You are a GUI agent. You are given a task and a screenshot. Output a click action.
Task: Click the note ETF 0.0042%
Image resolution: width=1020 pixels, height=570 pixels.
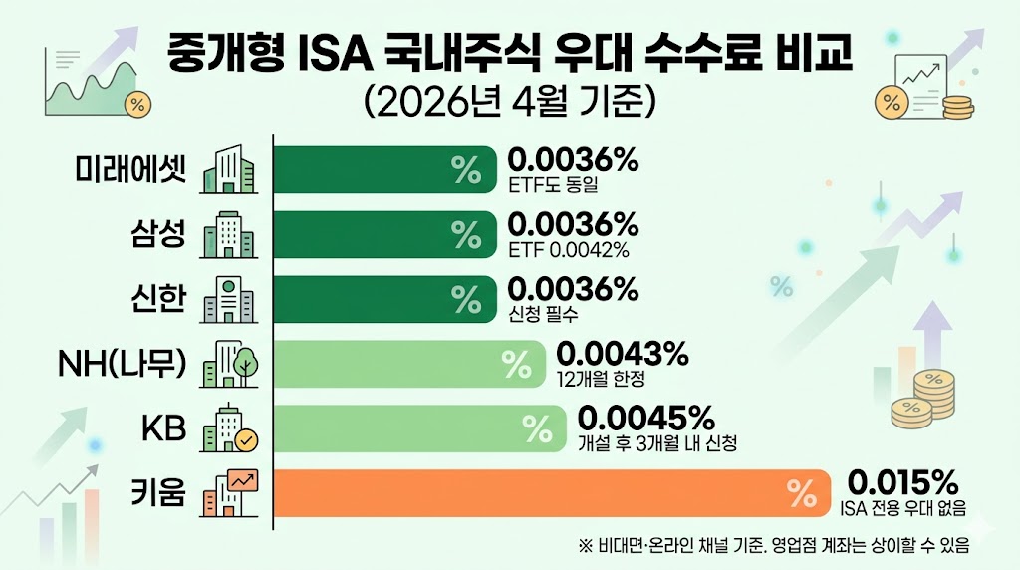pyautogui.click(x=569, y=249)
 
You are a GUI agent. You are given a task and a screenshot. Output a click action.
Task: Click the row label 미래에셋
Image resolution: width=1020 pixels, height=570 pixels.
pyautogui.click(x=130, y=170)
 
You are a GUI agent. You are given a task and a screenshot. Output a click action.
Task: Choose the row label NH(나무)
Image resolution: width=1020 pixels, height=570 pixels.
pyautogui.click(x=123, y=365)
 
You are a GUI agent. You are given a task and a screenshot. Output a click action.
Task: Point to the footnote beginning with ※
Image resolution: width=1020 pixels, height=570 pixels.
pyautogui.click(x=774, y=546)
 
